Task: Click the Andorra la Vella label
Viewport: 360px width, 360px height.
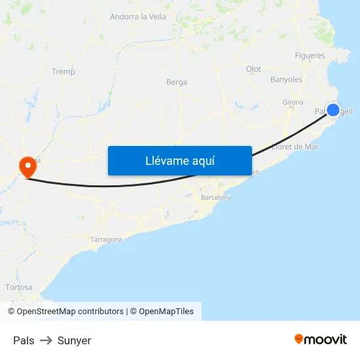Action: [138, 17]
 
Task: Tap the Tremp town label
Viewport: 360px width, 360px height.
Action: [63, 72]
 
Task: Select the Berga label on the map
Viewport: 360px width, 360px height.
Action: [177, 82]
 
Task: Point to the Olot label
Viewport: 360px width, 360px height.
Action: [253, 69]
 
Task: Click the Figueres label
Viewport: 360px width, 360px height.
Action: [310, 56]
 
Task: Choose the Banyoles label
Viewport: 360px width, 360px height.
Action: [286, 80]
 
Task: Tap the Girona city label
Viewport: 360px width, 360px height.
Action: [293, 102]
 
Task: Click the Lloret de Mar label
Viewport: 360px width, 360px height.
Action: [295, 147]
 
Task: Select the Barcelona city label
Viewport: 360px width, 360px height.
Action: [216, 197]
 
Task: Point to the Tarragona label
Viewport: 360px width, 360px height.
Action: [106, 240]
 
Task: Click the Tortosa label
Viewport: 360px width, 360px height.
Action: [18, 287]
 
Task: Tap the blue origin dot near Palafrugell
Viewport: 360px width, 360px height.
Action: [333, 110]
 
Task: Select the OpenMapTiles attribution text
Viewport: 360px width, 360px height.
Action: [166, 312]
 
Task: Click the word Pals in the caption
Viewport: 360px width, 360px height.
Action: [24, 340]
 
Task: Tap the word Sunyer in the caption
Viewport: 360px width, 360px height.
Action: [74, 340]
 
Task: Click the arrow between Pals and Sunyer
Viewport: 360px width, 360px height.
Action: [46, 340]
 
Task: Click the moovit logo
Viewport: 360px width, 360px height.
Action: [321, 339]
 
